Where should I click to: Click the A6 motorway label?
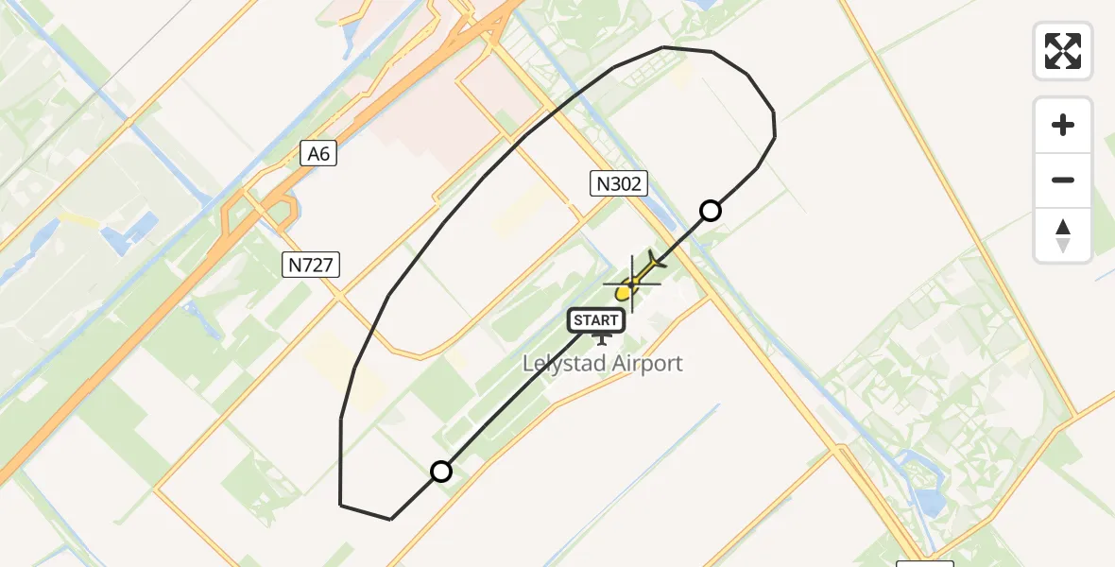click(x=319, y=153)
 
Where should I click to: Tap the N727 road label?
click(x=311, y=265)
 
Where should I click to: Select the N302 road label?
click(x=619, y=184)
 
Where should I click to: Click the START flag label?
click(x=596, y=321)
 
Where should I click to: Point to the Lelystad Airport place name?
click(x=603, y=364)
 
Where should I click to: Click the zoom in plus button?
click(x=1063, y=125)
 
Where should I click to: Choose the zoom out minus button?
click(x=1063, y=180)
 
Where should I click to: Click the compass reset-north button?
click(x=1063, y=234)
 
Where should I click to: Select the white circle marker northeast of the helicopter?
click(x=711, y=211)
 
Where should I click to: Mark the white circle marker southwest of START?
click(x=441, y=471)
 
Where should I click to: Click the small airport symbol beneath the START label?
click(x=601, y=338)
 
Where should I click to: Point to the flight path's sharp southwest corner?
click(x=341, y=505)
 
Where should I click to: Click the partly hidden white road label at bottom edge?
click(x=924, y=563)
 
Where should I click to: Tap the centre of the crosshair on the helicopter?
click(x=631, y=283)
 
